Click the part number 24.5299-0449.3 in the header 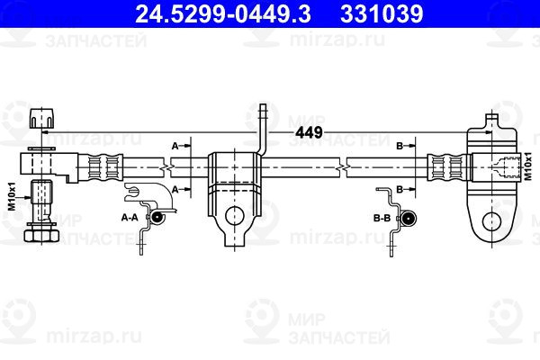[x=223, y=13]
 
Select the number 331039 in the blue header [x=382, y=13]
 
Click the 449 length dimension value [x=310, y=132]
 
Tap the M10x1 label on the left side [x=12, y=196]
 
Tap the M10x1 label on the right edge [x=527, y=166]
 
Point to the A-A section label [x=130, y=218]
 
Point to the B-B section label [x=382, y=218]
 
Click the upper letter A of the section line [x=175, y=146]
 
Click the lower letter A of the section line [x=175, y=189]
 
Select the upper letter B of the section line [x=400, y=146]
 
